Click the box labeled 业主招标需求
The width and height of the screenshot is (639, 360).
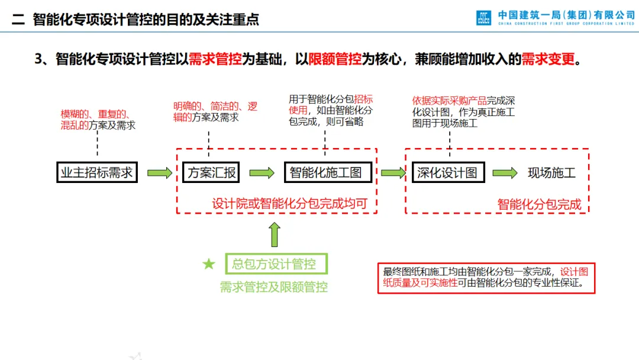(97, 172)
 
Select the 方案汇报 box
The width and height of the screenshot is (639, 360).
(211, 172)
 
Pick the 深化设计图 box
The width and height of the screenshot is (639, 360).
(447, 172)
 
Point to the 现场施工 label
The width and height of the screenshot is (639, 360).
(551, 172)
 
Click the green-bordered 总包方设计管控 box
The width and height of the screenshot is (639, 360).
(276, 263)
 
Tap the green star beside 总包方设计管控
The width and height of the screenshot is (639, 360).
(209, 264)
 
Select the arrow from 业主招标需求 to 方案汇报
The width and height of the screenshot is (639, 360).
(160, 173)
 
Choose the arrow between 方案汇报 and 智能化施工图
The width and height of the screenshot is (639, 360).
(262, 173)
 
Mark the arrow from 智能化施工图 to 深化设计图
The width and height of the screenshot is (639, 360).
(393, 173)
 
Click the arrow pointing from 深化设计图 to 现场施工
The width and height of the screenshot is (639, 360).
(505, 173)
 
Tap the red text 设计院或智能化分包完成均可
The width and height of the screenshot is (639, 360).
(290, 204)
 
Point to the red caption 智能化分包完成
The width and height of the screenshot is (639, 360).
(539, 204)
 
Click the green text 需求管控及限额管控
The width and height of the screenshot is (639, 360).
(274, 287)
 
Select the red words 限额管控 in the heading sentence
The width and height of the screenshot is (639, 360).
(335, 59)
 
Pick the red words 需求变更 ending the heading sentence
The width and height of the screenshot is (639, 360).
(548, 59)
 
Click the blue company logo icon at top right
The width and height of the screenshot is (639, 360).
(483, 18)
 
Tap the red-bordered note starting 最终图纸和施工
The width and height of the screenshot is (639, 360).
(486, 277)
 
